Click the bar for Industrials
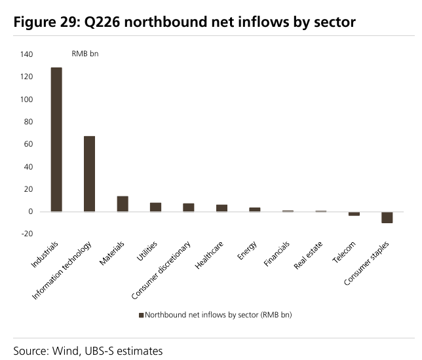tap(56, 139)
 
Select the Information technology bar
tap(89, 173)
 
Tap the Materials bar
tap(123, 204)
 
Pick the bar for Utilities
tap(155, 207)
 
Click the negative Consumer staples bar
tap(387, 217)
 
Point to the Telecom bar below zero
tap(354, 214)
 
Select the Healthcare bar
tap(221, 208)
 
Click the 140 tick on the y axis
tap(26, 54)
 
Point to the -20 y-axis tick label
tap(27, 234)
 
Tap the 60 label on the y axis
tap(28, 144)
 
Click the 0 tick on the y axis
tap(31, 211)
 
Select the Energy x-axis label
tap(247, 250)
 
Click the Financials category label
tap(277, 253)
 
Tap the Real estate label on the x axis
tap(308, 255)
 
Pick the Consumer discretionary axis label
tap(161, 270)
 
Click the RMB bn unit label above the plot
tap(85, 54)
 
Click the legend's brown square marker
tap(142, 315)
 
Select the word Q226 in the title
tap(102, 22)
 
